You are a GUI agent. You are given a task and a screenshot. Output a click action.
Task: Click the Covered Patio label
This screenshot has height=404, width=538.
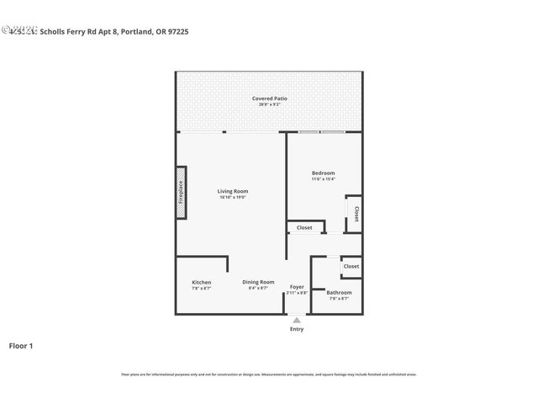coord(269,98)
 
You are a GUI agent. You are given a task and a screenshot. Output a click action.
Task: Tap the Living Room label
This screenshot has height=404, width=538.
coord(233,191)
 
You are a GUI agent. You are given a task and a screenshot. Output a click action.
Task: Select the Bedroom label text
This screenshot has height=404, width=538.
coord(323,173)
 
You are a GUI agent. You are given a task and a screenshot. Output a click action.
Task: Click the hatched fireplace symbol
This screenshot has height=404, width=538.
coord(180,193)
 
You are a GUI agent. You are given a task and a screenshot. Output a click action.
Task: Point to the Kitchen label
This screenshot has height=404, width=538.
coord(201,282)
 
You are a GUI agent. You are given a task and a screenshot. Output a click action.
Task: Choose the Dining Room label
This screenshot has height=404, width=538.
coord(258,282)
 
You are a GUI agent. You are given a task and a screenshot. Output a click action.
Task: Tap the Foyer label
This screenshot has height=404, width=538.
coord(297,287)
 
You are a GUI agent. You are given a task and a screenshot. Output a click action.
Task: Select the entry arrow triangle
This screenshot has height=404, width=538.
coord(296,320)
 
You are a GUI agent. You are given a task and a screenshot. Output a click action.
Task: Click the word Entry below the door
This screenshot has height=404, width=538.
coord(297,329)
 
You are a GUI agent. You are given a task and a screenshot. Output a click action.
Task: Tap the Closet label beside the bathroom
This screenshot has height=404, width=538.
coord(351,266)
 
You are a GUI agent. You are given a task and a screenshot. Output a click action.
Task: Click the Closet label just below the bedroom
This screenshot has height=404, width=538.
coord(303,227)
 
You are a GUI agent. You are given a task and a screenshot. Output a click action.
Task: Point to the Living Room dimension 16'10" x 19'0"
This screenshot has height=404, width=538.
coord(233,197)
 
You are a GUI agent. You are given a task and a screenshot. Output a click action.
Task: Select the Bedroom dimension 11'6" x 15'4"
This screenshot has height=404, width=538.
coord(323,179)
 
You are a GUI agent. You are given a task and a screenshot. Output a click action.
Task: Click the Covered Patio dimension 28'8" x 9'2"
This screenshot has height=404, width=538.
coord(269,104)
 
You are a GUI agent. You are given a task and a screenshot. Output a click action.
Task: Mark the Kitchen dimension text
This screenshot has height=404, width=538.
coord(201,288)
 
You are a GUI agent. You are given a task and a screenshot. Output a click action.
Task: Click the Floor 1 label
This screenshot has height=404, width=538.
coord(21,345)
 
